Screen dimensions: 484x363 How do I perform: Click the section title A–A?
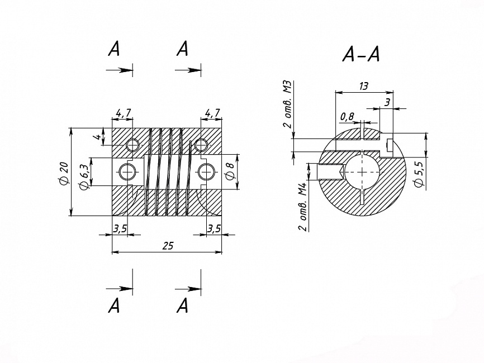361,55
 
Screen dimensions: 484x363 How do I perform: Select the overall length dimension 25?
168,246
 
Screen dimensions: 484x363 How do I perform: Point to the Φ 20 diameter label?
64,174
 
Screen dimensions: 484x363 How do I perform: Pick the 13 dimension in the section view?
364,86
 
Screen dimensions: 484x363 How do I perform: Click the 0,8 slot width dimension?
347,117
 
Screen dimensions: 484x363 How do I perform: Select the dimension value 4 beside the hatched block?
98,137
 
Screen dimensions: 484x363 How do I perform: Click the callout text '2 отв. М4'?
303,207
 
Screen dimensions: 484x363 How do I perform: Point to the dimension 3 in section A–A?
387,102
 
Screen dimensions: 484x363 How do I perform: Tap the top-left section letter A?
114,49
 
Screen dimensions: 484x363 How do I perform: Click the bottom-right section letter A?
183,305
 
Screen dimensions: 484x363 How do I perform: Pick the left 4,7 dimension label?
123,113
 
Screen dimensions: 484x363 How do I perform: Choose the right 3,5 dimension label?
213,228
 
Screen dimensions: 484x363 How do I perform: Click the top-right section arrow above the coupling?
188,70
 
